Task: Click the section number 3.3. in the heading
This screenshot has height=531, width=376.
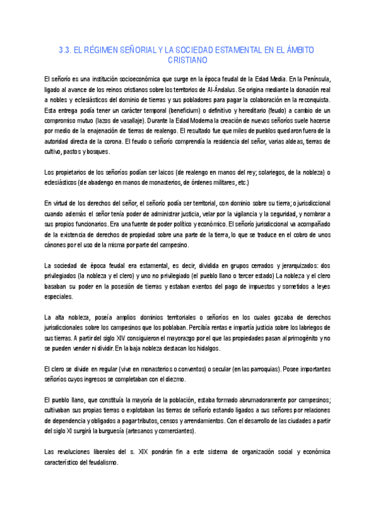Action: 65,49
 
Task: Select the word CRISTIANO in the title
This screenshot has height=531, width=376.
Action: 187,60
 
